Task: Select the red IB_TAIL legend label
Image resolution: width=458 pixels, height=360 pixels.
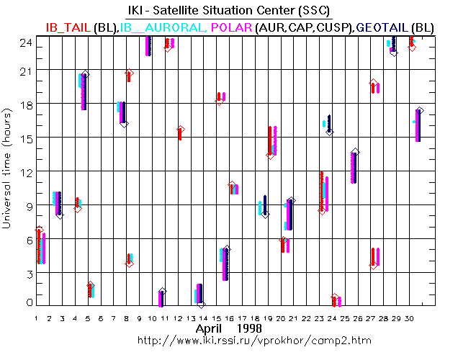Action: (x=68, y=27)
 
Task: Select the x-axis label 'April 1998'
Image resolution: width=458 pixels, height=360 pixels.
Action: (x=229, y=328)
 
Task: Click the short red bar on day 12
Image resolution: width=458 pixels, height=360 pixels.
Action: (x=180, y=134)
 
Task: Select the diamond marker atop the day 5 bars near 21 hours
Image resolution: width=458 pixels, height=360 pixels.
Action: (x=85, y=74)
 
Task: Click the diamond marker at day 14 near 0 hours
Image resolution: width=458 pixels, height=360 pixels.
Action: (x=201, y=305)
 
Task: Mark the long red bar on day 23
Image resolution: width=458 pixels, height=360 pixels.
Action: (x=322, y=191)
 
